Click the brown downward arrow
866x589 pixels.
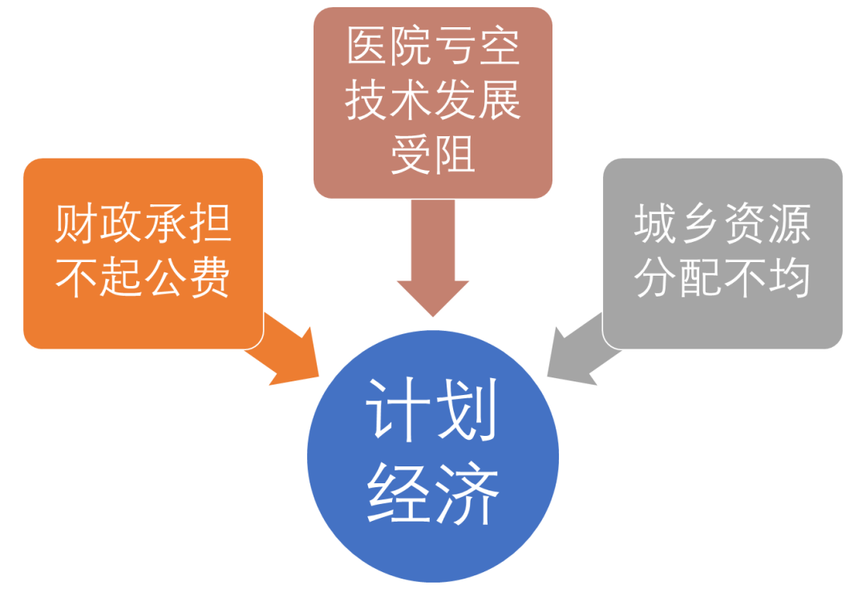(x=433, y=264)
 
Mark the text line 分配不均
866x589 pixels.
(x=722, y=278)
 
